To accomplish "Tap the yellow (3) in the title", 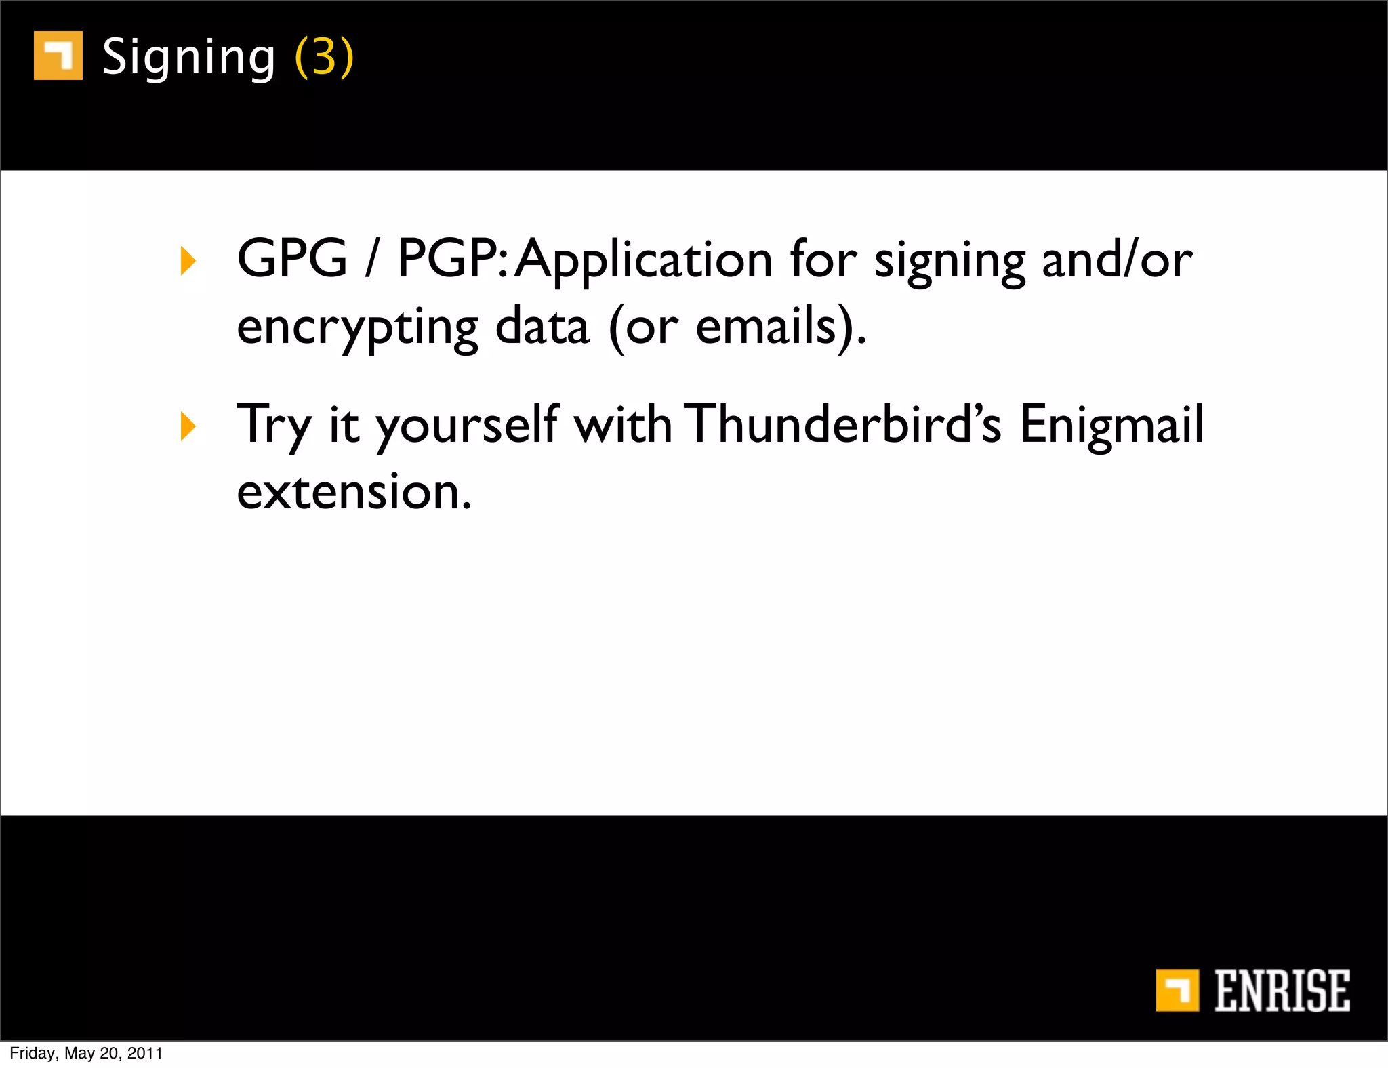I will tap(324, 57).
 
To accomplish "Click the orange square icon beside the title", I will tap(58, 56).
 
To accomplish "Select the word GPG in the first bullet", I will tap(292, 259).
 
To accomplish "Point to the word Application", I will tap(644, 260).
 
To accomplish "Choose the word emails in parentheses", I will tap(767, 327).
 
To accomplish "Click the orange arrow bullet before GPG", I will tap(188, 261).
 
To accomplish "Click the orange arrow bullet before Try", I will tap(188, 426).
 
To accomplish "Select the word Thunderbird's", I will tap(842, 425).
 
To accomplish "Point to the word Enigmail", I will tap(1112, 425).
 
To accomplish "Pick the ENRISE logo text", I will tap(1282, 991).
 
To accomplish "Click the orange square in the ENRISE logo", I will tap(1177, 990).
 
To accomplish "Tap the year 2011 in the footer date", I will tap(145, 1053).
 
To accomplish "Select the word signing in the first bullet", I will tap(950, 262).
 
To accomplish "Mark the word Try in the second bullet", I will tap(273, 425).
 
